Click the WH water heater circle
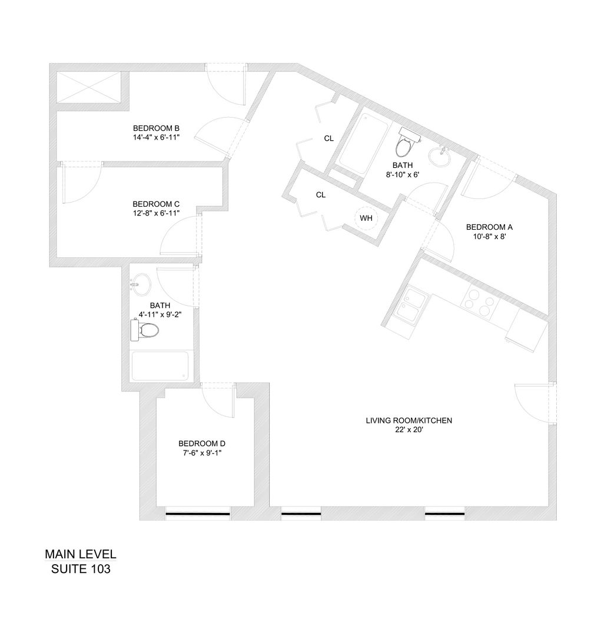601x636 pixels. [366, 218]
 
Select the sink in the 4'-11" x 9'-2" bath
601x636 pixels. [140, 285]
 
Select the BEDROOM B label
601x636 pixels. [156, 128]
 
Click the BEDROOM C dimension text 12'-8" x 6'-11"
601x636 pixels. [156, 213]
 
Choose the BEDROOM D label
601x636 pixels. [202, 443]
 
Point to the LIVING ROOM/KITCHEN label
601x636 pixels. [409, 420]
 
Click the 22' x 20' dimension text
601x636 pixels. [409, 430]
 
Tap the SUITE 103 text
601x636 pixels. [81, 569]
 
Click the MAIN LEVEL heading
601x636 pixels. [81, 555]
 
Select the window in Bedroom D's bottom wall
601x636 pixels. [197, 514]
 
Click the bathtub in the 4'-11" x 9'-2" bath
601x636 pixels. [161, 366]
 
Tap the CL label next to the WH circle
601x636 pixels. [321, 195]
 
